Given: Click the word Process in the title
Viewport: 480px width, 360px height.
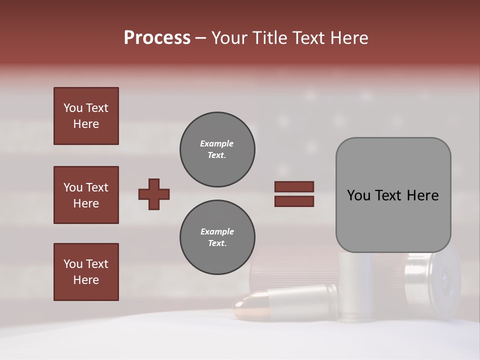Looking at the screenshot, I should pyautogui.click(x=157, y=38).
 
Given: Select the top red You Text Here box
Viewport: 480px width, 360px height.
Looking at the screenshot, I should pyautogui.click(x=86, y=116).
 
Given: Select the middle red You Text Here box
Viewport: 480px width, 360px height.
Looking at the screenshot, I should pyautogui.click(x=86, y=195).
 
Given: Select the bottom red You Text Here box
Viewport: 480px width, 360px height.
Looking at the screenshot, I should pyautogui.click(x=86, y=272).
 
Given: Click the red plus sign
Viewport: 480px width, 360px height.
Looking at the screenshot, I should pyautogui.click(x=154, y=194).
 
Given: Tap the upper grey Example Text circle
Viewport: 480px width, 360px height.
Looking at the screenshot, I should pyautogui.click(x=217, y=149).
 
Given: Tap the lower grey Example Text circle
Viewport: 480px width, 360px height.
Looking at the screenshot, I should pyautogui.click(x=217, y=237).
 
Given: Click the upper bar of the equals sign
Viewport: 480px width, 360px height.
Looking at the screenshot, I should pyautogui.click(x=294, y=186).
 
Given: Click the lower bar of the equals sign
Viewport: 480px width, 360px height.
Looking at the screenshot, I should pyautogui.click(x=294, y=201).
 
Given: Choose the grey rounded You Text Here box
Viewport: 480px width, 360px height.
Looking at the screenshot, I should pyautogui.click(x=393, y=195).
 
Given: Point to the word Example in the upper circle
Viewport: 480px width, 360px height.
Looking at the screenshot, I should pyautogui.click(x=217, y=143).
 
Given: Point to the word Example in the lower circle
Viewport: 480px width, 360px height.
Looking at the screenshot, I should pyautogui.click(x=217, y=231).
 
